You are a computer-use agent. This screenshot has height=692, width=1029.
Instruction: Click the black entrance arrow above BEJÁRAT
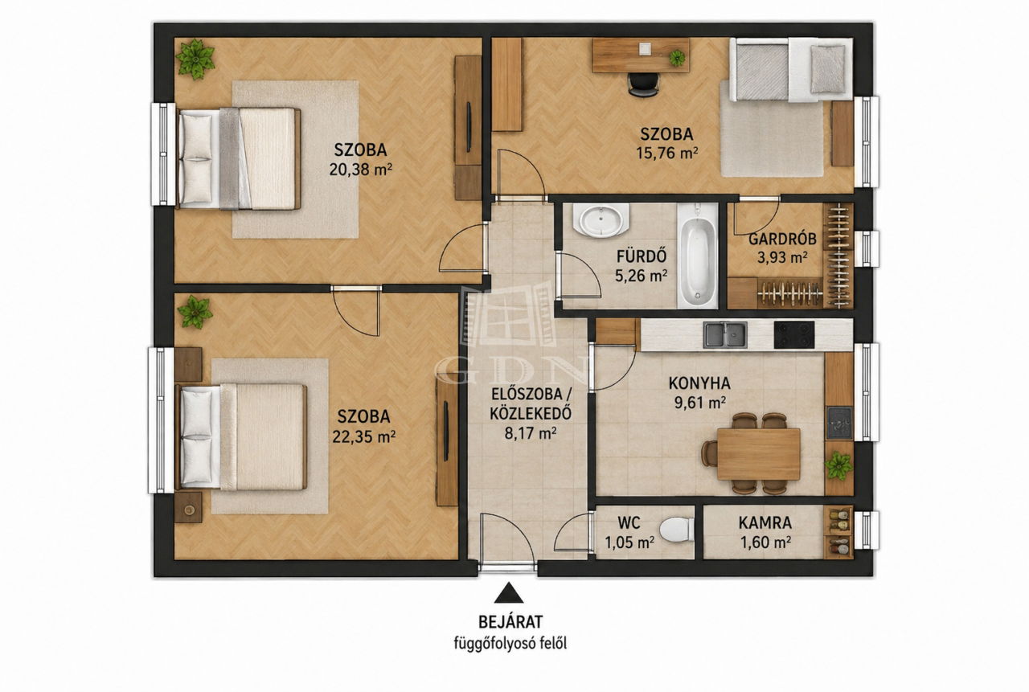click(508, 593)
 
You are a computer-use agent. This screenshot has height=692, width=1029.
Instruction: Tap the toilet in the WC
click(677, 530)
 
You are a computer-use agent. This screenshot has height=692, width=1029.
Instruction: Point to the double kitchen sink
click(725, 335)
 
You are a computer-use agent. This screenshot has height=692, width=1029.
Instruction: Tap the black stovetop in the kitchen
click(793, 335)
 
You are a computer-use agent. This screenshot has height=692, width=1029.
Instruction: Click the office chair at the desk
click(643, 84)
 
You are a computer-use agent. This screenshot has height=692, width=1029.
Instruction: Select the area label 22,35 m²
click(364, 436)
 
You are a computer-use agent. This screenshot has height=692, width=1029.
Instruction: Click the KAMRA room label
click(765, 523)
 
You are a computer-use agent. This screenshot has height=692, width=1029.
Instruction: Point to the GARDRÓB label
click(782, 240)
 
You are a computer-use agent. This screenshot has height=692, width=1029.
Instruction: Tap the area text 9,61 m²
click(699, 403)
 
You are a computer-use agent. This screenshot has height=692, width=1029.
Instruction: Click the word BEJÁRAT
click(510, 622)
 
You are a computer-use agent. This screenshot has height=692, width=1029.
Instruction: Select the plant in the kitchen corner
click(838, 465)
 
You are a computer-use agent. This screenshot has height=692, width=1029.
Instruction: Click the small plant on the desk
click(677, 59)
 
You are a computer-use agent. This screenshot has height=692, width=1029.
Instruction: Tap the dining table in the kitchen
click(758, 453)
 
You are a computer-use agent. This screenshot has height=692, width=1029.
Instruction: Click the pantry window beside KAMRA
click(867, 530)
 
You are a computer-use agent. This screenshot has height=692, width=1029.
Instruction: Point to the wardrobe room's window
click(867, 248)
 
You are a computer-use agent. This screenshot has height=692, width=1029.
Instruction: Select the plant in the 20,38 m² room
click(195, 59)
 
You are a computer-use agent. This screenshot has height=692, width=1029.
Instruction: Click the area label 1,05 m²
click(629, 543)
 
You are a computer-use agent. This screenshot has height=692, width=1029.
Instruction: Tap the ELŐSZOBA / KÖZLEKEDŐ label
click(531, 403)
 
